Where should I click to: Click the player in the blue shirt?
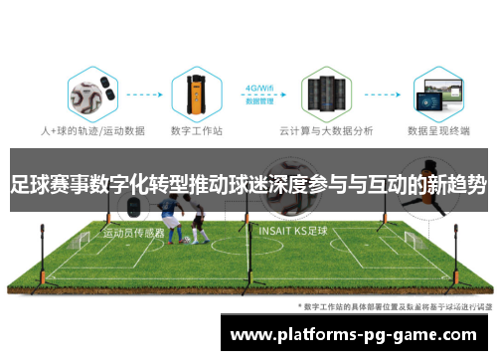pyautogui.click(x=176, y=221)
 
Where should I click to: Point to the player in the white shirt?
pyautogui.click(x=198, y=221)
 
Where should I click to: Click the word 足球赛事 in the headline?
pyautogui.click(x=44, y=183)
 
